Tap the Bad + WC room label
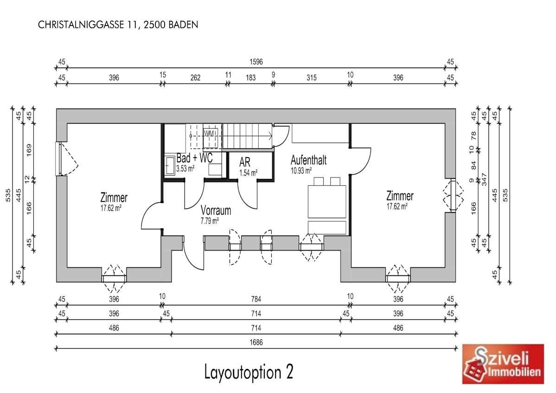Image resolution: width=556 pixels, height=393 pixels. (195, 158)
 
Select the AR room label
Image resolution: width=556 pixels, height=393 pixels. (245, 162)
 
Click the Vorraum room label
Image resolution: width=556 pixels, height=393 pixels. (216, 210)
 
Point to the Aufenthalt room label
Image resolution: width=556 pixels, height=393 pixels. (308, 160)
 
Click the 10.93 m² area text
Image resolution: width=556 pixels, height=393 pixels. (301, 171)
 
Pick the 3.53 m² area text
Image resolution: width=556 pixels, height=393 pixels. (185, 168)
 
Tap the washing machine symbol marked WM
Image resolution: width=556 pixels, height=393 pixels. (209, 133)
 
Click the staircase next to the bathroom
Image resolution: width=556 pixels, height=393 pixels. (248, 136)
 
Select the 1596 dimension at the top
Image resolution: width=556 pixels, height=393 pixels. (256, 62)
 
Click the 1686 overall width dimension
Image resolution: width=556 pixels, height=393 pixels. (256, 342)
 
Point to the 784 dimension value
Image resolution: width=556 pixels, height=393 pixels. (256, 299)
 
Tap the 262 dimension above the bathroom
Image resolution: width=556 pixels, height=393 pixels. (195, 77)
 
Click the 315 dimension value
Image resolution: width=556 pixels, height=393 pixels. (311, 77)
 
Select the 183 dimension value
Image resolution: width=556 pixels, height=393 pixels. (251, 77)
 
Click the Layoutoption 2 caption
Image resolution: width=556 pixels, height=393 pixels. (249, 372)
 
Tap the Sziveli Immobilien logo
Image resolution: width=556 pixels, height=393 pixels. (503, 364)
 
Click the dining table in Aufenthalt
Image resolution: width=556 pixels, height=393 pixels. (327, 201)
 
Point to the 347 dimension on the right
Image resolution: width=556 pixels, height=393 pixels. (485, 179)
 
